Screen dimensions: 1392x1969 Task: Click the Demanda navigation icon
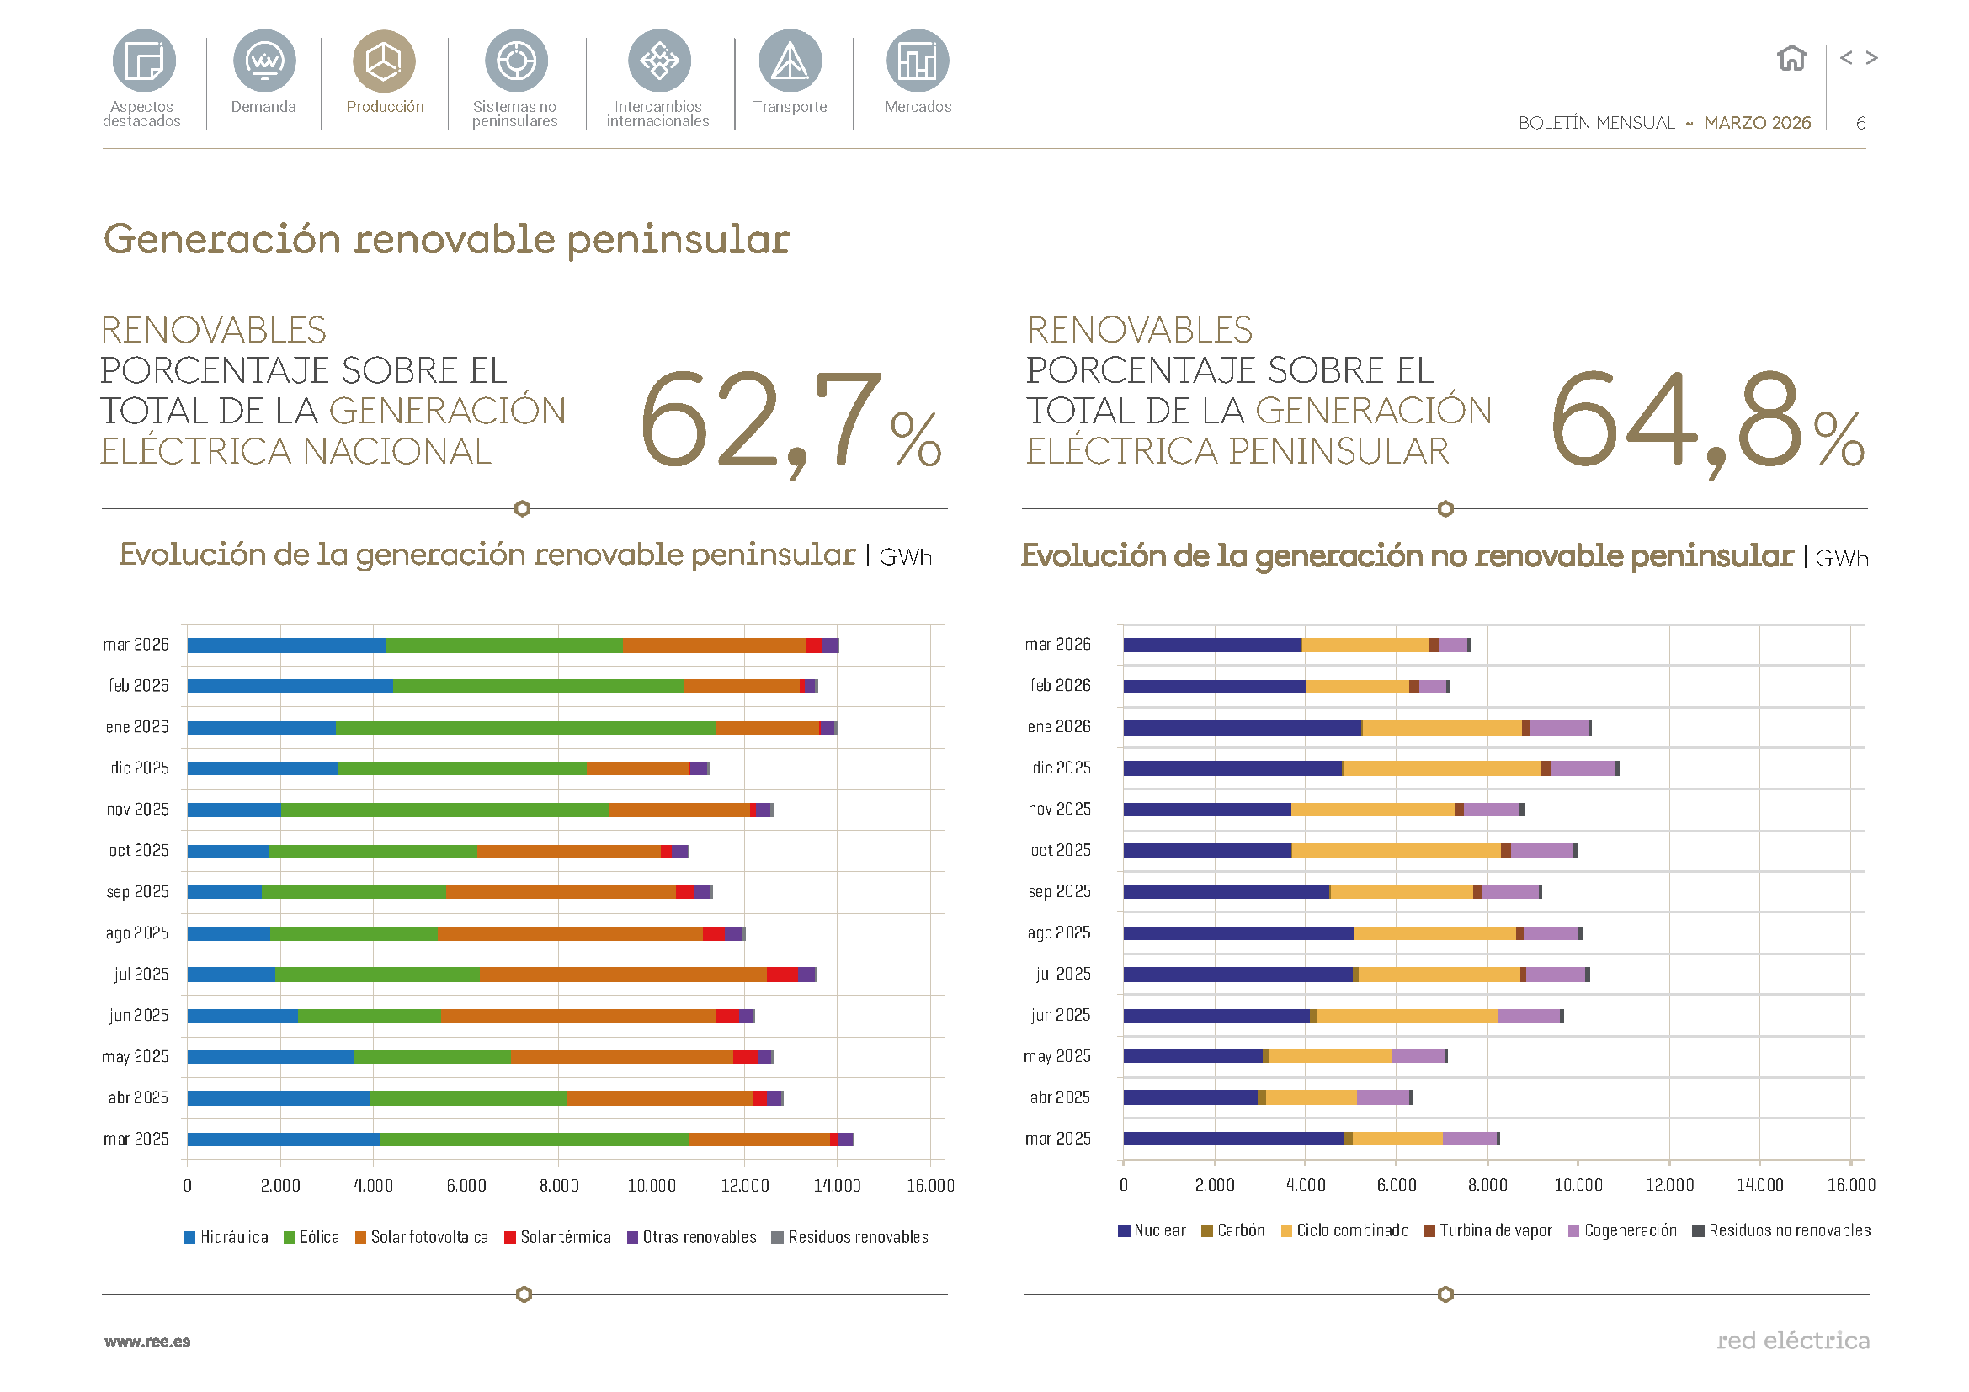tap(264, 61)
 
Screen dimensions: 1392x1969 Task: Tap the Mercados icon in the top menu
tap(917, 61)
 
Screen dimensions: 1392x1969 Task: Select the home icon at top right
tap(1791, 58)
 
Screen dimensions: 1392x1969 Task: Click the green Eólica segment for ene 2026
tap(524, 728)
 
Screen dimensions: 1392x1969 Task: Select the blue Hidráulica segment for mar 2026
tap(286, 646)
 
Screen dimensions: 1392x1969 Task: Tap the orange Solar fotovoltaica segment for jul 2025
tap(623, 975)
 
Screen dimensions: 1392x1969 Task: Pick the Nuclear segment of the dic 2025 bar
tap(1232, 769)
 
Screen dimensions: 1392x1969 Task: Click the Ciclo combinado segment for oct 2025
tap(1396, 851)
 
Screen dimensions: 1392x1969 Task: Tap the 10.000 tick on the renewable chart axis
tap(652, 1187)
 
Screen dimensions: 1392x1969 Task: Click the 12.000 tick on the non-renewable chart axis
tap(1668, 1186)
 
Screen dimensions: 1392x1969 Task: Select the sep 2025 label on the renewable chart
tap(137, 892)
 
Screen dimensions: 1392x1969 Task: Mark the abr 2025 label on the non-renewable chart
tap(1060, 1098)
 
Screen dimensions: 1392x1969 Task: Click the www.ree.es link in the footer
tap(147, 1342)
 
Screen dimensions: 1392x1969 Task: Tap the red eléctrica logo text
tap(1792, 1341)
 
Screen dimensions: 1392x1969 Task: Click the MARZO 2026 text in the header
tap(1756, 124)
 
